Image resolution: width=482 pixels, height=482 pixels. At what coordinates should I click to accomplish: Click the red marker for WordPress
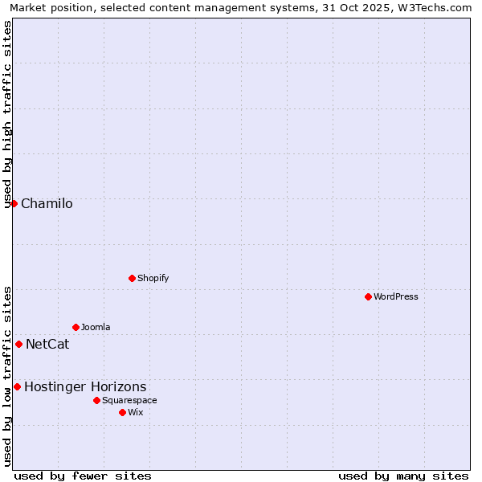click(x=368, y=296)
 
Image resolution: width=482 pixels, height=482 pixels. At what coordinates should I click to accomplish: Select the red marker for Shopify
click(x=132, y=278)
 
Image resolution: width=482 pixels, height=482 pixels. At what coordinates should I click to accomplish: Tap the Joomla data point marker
click(x=76, y=327)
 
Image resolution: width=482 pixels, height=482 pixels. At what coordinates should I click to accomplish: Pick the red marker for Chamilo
click(x=14, y=203)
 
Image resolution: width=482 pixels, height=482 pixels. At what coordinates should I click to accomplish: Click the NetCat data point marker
click(x=18, y=344)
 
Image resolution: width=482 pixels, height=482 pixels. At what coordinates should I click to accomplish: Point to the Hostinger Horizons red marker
click(x=17, y=386)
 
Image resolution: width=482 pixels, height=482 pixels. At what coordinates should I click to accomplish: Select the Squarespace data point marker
click(x=96, y=400)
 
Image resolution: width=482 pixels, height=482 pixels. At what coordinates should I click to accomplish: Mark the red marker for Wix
click(x=122, y=412)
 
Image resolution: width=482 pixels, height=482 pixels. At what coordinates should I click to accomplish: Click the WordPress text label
click(x=396, y=296)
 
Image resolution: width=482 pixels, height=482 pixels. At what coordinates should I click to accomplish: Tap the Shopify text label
click(x=153, y=278)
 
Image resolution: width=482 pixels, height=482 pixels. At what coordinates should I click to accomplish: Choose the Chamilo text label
click(x=47, y=203)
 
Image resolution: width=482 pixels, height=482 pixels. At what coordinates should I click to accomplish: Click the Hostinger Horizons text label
click(x=85, y=386)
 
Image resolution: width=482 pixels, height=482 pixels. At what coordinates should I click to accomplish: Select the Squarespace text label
click(x=129, y=400)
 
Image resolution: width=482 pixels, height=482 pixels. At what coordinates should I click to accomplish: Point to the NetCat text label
click(x=47, y=345)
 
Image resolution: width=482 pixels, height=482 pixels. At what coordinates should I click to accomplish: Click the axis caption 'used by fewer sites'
click(x=83, y=476)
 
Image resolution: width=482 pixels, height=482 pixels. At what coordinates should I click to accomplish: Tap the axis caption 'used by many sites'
click(x=403, y=476)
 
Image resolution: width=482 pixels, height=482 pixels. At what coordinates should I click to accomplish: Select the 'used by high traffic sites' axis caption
click(x=7, y=114)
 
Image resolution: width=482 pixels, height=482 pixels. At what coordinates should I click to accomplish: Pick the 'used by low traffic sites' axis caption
click(x=7, y=375)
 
